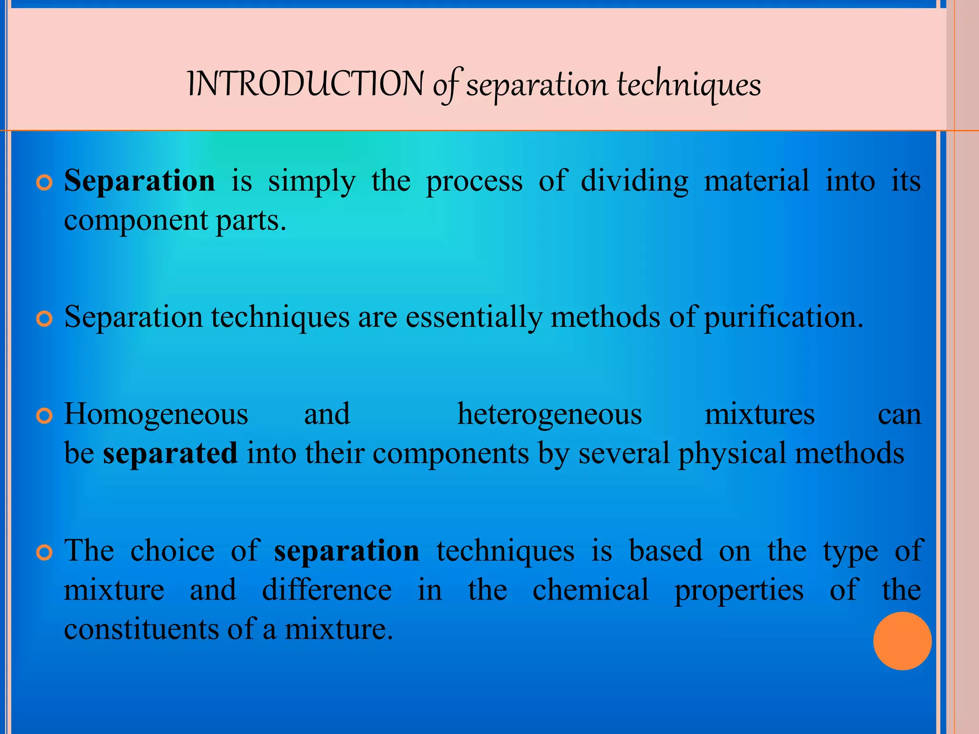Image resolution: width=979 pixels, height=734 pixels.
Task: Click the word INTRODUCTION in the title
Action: point(305,85)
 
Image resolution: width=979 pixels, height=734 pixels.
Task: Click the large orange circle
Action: point(902,641)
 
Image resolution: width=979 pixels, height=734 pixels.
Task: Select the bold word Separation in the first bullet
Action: point(140,181)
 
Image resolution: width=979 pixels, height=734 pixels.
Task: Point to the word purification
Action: point(783,317)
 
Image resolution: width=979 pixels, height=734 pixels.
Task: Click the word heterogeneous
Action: point(549,414)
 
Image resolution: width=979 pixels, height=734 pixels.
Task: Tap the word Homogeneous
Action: point(156,414)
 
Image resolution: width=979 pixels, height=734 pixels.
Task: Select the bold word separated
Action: point(170,453)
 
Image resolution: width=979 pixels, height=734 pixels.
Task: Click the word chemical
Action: point(590,590)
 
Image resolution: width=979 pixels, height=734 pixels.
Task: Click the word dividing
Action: point(634,181)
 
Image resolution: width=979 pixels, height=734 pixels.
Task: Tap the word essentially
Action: point(474,317)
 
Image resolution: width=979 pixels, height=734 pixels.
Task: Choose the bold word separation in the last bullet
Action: point(347,550)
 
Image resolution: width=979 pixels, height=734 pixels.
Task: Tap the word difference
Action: point(327,590)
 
